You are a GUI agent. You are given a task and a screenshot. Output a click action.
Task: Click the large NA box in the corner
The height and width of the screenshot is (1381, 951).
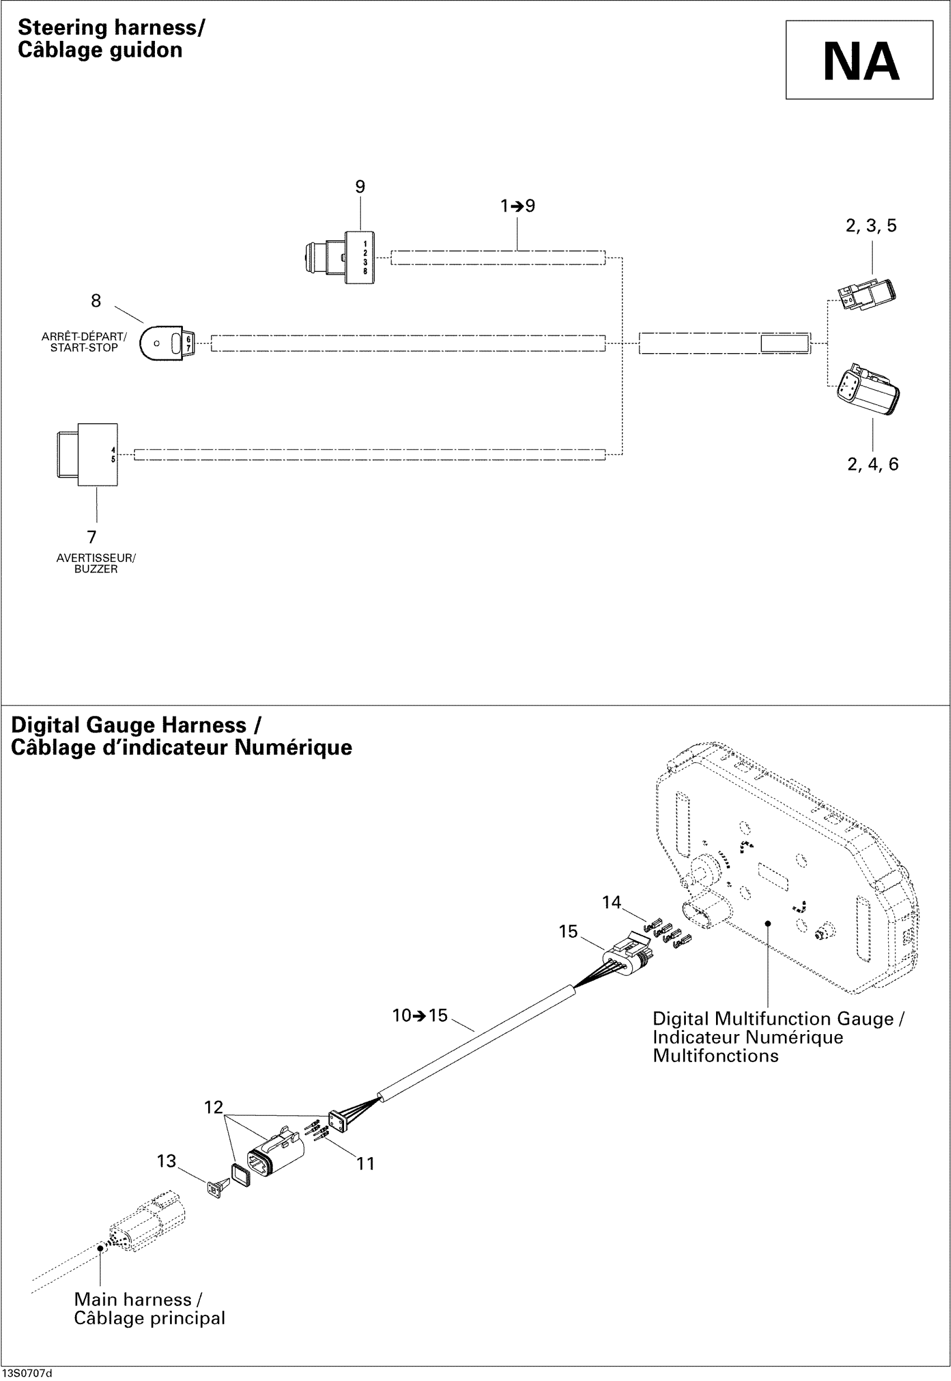pos(859,60)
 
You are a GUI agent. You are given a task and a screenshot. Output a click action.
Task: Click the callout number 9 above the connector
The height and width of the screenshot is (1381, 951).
pos(360,187)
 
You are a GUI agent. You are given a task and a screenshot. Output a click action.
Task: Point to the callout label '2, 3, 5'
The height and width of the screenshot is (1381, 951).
pos(870,226)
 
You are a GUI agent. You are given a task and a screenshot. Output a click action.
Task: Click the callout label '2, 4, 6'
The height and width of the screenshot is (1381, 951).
pos(872,464)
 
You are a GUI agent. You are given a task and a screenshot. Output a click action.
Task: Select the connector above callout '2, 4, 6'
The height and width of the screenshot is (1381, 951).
pos(868,391)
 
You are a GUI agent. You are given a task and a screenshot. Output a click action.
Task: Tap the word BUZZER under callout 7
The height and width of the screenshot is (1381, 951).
pos(96,569)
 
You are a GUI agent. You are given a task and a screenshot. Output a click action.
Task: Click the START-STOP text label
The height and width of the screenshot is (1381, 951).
pos(84,348)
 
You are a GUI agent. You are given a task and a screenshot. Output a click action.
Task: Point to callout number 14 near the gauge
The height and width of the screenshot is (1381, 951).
pos(611,903)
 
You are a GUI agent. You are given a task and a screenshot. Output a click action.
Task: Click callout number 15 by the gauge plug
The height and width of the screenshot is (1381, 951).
pos(568,932)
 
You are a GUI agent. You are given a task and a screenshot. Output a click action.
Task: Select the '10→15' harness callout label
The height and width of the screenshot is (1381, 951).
pos(420,1016)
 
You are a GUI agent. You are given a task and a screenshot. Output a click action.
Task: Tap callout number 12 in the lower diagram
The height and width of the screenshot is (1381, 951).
pos(213,1107)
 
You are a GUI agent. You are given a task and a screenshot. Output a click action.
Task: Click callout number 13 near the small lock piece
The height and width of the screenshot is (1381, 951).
pos(167,1161)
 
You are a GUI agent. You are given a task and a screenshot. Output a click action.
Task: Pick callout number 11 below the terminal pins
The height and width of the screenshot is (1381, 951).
pos(365,1163)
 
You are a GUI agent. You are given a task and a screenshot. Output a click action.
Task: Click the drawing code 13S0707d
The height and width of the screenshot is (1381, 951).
pos(27,1374)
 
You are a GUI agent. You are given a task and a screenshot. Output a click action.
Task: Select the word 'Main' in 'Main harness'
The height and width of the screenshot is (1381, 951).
pos(94,1300)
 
